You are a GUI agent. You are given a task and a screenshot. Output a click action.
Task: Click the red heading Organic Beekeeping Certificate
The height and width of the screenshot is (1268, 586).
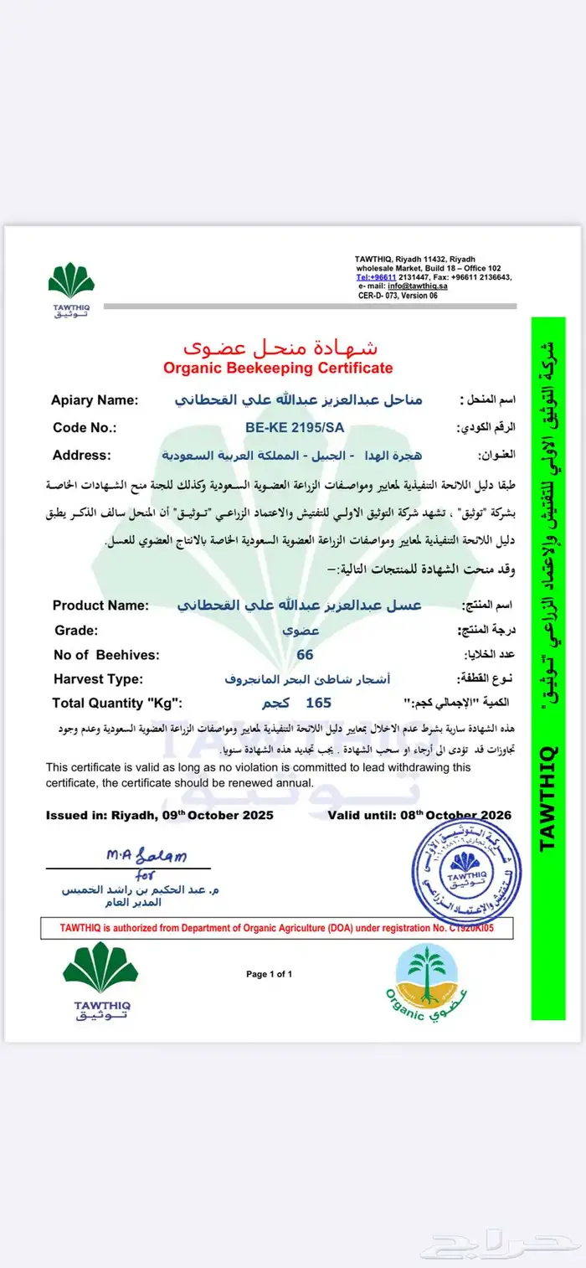(x=277, y=368)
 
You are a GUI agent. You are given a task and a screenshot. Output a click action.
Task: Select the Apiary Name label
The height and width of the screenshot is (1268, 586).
(x=95, y=400)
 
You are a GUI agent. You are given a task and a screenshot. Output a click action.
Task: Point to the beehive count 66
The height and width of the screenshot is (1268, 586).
(x=305, y=654)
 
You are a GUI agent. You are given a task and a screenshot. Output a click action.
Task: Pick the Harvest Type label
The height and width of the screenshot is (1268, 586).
(x=98, y=678)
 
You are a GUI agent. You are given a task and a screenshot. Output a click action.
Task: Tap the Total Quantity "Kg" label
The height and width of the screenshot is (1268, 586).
(x=117, y=703)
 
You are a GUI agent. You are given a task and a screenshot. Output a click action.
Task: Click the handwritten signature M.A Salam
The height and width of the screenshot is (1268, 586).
(x=146, y=856)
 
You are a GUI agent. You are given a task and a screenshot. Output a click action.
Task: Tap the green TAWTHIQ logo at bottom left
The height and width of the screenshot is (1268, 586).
(x=100, y=980)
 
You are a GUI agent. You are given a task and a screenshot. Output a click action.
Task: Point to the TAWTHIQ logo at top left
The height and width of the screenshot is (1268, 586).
(x=72, y=290)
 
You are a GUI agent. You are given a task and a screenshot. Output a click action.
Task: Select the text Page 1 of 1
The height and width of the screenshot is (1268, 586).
(x=269, y=974)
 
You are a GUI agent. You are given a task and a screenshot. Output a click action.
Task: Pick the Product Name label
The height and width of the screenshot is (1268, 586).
(x=100, y=606)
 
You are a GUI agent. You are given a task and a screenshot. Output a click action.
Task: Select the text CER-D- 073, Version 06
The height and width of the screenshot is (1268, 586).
(x=398, y=295)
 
